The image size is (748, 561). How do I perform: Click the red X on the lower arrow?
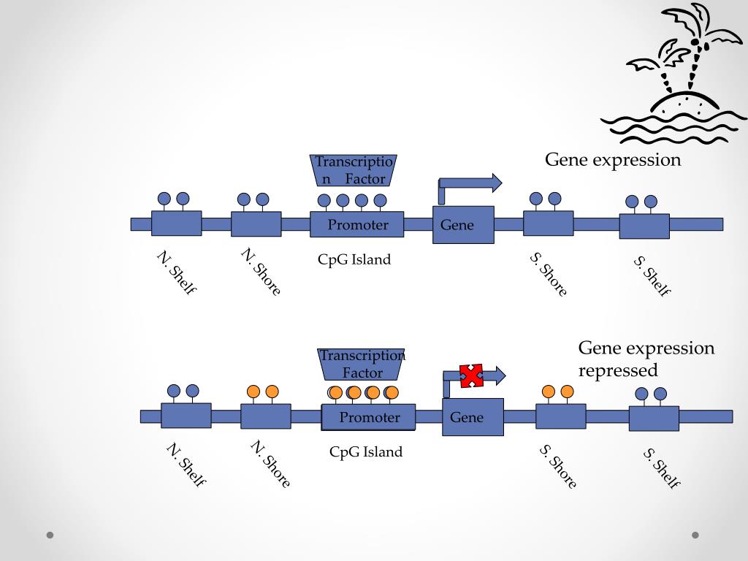471,375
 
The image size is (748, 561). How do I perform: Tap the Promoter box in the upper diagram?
356,224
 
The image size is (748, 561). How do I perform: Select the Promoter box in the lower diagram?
368,417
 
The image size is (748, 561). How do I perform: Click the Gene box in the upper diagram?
463,225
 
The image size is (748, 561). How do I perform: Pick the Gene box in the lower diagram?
473,417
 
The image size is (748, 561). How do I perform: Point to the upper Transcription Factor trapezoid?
354,170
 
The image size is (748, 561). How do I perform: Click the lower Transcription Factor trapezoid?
361,365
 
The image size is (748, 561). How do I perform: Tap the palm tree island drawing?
673,74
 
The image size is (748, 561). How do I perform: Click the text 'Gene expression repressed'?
646,359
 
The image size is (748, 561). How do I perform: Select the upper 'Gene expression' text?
613,160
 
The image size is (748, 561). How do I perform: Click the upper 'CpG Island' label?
354,259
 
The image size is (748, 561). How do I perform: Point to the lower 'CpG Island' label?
366,451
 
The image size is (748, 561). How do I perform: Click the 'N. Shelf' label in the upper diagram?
177,272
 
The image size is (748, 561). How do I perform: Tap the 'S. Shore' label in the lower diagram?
558,466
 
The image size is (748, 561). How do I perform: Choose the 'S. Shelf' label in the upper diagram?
652,276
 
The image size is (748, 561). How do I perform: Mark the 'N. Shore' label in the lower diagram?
270,464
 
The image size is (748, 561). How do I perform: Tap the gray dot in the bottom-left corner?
50,535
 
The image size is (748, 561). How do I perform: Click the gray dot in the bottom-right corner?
695,535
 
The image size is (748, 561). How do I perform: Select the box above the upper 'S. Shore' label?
548,224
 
